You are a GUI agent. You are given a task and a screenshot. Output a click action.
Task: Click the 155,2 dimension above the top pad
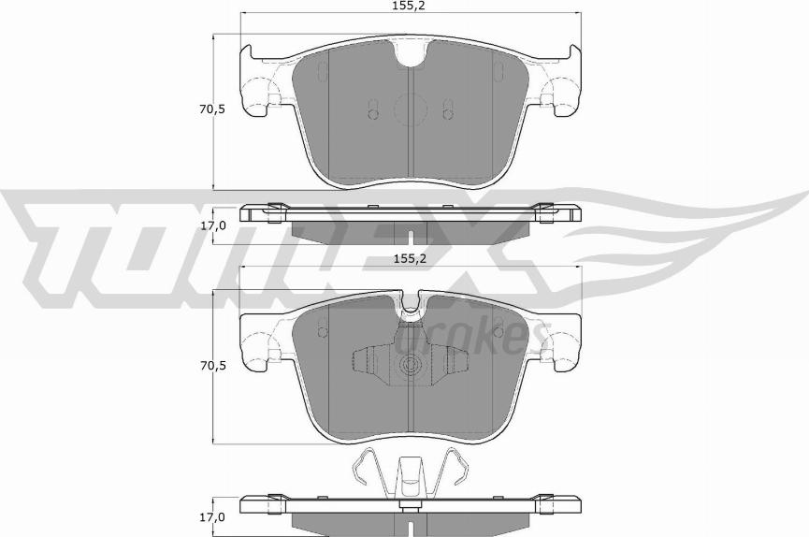[412, 6]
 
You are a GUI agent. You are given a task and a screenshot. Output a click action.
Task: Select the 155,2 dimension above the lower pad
[412, 259]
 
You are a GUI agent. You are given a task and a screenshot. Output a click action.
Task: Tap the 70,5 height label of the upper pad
[213, 109]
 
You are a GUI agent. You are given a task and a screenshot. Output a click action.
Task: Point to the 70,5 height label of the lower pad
[213, 366]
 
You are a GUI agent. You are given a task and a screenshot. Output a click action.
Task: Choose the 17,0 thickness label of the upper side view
[213, 225]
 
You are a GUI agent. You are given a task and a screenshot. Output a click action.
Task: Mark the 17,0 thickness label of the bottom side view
[213, 516]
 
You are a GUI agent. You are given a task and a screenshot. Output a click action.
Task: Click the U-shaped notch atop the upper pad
[412, 55]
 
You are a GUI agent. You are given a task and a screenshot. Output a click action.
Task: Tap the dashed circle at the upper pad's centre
[412, 109]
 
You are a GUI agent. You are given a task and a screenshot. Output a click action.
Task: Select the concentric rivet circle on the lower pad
[412, 365]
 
